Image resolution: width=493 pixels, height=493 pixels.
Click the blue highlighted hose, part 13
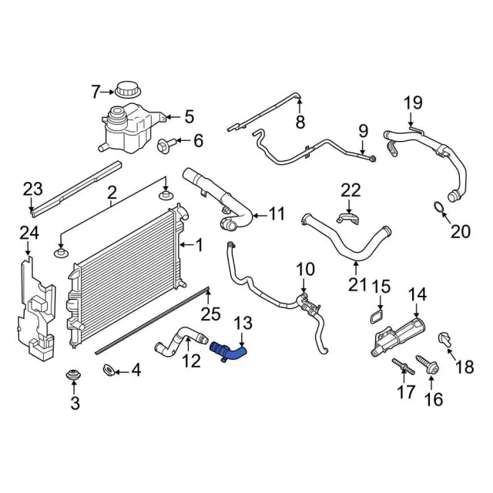229,350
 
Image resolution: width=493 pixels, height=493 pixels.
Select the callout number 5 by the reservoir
189,118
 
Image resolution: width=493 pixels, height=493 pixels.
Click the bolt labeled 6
164,143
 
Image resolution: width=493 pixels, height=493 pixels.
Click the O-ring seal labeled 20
438,207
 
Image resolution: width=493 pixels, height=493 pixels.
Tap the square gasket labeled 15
377,318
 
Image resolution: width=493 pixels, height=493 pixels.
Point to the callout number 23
32,188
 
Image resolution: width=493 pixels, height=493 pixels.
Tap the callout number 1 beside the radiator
199,246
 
